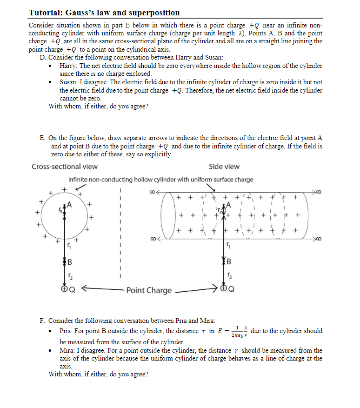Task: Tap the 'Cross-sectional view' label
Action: [x=65, y=167]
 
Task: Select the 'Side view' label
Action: [x=224, y=167]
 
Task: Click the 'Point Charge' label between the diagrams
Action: [x=149, y=290]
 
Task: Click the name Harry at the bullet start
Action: [x=68, y=66]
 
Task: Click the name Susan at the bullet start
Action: [x=69, y=82]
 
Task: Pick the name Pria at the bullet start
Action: [x=67, y=331]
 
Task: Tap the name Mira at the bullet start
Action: [x=68, y=350]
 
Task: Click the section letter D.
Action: [x=43, y=58]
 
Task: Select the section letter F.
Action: [x=42, y=321]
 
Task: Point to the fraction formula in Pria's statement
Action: [x=239, y=331]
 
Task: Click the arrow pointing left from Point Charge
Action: [x=98, y=289]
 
